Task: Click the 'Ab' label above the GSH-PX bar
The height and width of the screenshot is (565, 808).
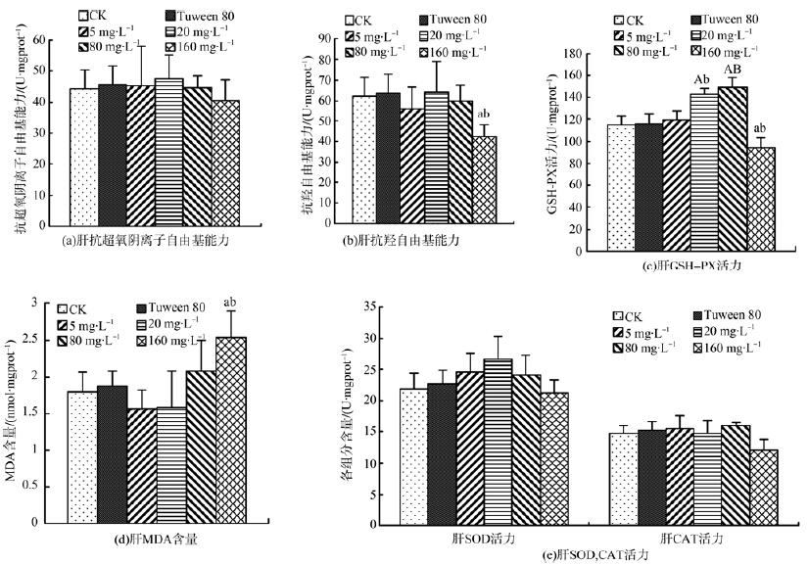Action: tap(701, 79)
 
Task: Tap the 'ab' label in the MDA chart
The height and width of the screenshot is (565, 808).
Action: tap(231, 302)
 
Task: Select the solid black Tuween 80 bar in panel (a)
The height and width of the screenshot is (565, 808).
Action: tap(112, 157)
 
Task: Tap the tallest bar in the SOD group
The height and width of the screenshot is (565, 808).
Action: tap(498, 442)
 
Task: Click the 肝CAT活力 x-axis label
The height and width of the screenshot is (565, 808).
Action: tap(685, 538)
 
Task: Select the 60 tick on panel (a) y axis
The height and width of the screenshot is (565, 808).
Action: tap(39, 39)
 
